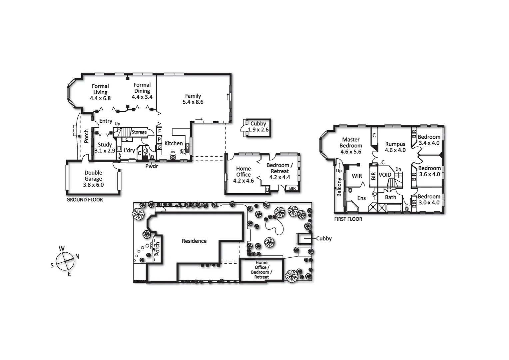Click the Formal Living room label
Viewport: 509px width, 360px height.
[100, 89]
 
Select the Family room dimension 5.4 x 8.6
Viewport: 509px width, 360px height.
[193, 102]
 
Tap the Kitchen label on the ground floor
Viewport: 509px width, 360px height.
[174, 143]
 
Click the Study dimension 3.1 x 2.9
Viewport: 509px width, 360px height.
[105, 151]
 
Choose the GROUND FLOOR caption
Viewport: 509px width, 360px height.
[85, 200]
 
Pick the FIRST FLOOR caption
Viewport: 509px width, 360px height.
[348, 219]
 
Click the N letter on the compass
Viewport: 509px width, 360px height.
[77, 256]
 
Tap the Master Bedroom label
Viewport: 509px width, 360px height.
[351, 143]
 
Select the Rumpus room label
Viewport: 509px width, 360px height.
[395, 144]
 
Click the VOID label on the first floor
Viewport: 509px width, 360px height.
[385, 175]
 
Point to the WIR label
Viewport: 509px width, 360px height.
[357, 176]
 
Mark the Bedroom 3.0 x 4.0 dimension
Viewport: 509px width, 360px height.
[429, 203]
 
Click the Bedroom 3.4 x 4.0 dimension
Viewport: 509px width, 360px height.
[429, 143]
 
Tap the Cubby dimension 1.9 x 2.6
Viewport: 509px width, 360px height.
[258, 130]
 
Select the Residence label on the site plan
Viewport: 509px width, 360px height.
[194, 241]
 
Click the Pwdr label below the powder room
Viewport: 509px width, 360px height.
[152, 166]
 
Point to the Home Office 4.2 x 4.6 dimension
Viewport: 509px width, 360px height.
[244, 181]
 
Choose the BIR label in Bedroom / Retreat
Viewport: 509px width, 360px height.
[292, 189]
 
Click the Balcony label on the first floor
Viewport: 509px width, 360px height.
[339, 187]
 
